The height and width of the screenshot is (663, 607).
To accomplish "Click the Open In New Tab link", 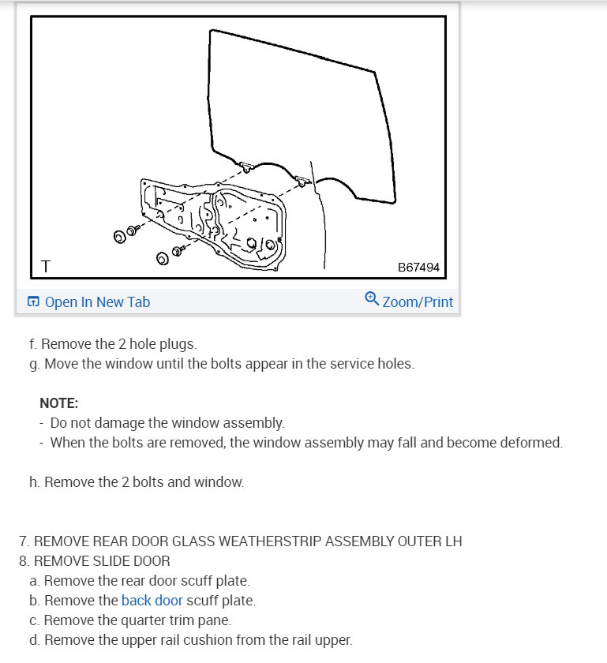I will (x=97, y=302).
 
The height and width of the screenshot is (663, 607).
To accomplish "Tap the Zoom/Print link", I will (x=418, y=302).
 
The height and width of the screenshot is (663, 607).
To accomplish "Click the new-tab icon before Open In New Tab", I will (x=33, y=302).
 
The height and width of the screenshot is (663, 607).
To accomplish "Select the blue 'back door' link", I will (x=152, y=601).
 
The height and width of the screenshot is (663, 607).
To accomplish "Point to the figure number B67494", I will (x=418, y=268).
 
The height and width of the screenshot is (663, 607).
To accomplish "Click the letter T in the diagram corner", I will (x=45, y=267).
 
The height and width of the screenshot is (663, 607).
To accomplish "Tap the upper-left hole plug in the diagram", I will (x=120, y=235).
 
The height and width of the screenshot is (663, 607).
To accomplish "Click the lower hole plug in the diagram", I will (x=162, y=258).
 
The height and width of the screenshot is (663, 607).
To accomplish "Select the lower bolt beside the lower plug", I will (x=178, y=251).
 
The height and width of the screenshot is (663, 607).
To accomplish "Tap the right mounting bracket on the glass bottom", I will (x=302, y=181).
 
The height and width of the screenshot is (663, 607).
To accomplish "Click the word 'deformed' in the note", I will (x=532, y=443).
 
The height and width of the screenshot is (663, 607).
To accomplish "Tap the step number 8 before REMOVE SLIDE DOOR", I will (x=24, y=561).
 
